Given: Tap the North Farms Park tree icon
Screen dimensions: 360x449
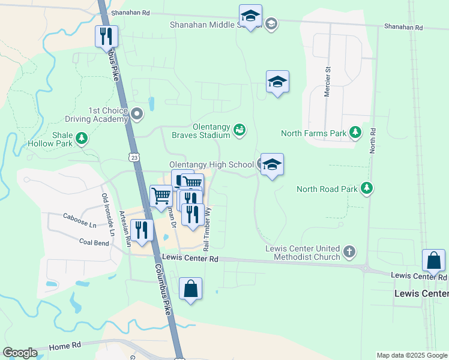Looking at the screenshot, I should point(356,132).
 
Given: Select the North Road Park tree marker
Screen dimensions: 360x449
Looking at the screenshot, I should point(366,189).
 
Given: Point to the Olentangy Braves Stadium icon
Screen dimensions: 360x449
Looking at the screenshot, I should point(240,130).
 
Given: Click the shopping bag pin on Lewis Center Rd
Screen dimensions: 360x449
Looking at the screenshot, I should point(433,261).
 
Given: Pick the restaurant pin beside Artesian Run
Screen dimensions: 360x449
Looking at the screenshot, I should point(142,231).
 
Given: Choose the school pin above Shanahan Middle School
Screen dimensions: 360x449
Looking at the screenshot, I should point(250,16).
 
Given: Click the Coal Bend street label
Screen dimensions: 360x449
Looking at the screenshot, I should point(94,242).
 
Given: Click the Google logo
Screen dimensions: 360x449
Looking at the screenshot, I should point(20,353).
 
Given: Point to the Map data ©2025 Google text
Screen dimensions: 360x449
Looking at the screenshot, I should point(411,355).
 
